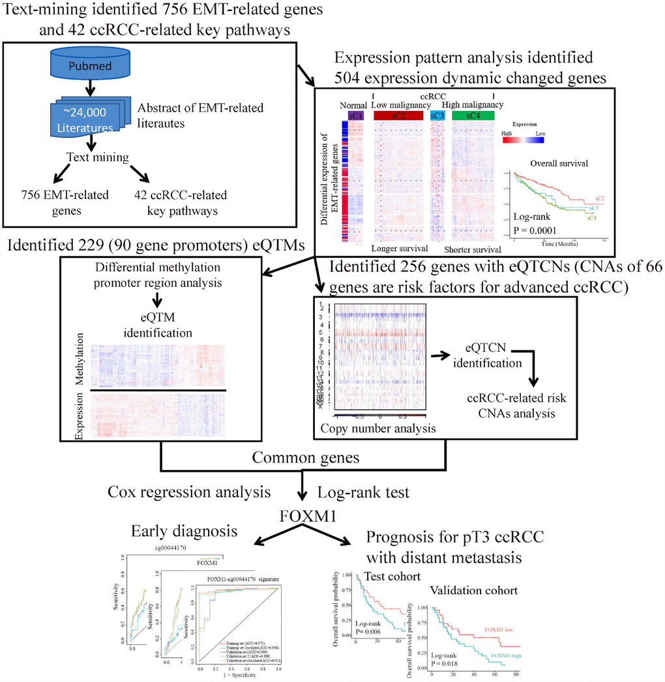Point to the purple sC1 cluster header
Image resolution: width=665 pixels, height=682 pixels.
356,115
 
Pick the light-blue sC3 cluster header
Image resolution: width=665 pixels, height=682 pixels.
436,115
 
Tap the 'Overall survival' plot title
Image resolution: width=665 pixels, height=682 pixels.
556,164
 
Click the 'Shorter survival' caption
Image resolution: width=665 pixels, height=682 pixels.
473,249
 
